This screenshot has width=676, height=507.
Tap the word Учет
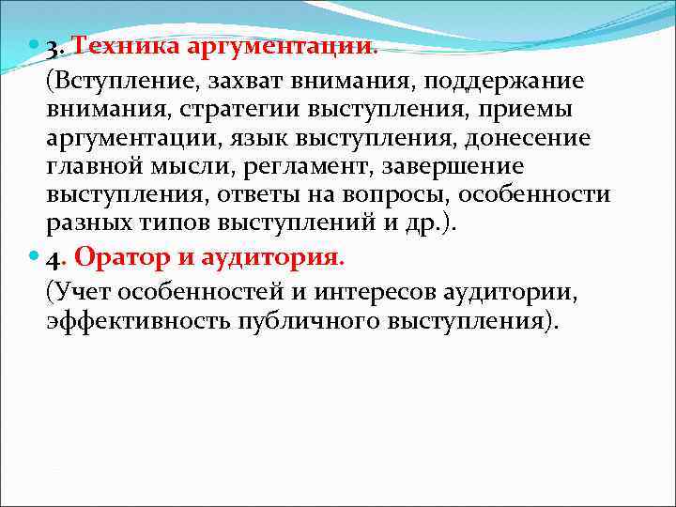point(76,291)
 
